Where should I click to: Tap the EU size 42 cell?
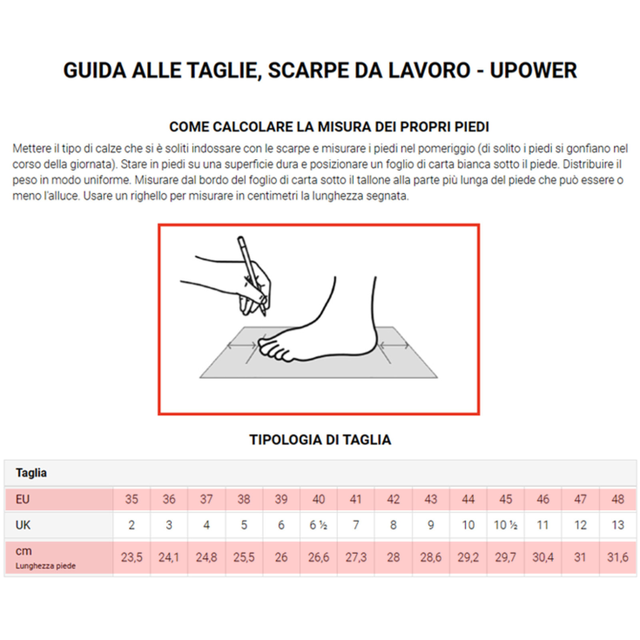[x=394, y=500]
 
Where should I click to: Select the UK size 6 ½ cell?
[x=319, y=526]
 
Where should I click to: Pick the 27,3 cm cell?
[x=356, y=557]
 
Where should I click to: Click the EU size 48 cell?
[x=618, y=500]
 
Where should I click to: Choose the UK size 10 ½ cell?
[x=506, y=526]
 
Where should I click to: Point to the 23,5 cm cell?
[x=131, y=557]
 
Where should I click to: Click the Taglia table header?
[x=31, y=473]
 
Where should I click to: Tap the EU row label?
[x=24, y=500]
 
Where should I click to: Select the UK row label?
[x=24, y=526]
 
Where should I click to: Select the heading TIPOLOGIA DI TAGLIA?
[x=320, y=440]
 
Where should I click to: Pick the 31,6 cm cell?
[x=618, y=557]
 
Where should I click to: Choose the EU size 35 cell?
[x=131, y=500]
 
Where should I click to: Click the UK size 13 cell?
[x=618, y=526]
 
